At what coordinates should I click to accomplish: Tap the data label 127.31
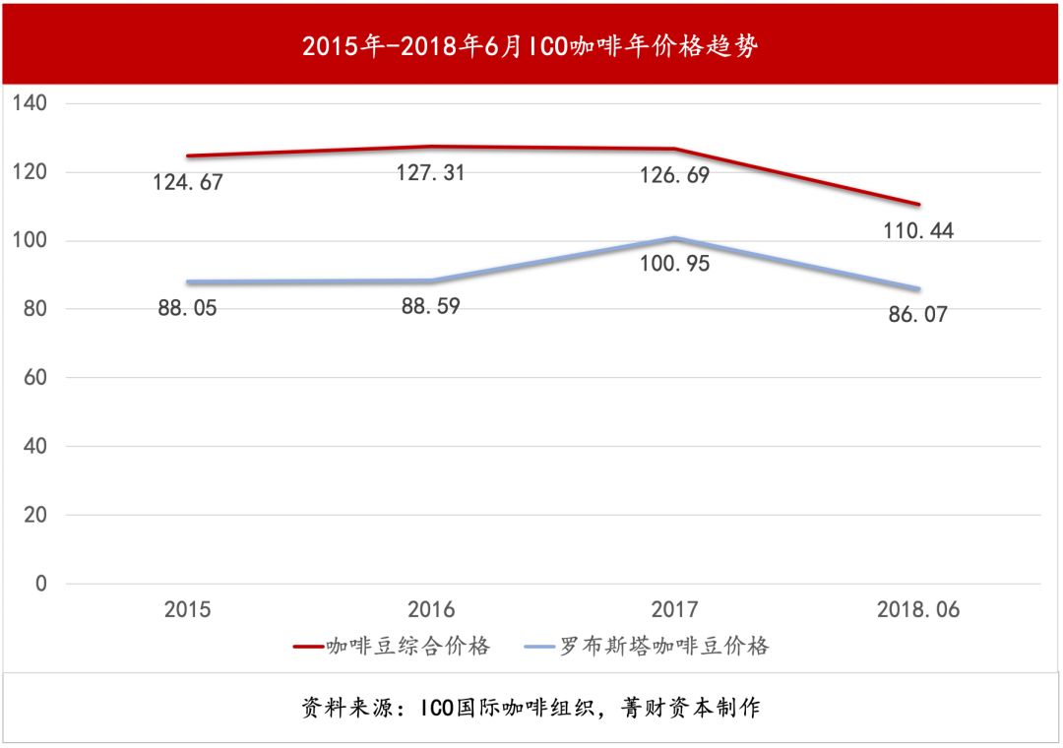(430, 173)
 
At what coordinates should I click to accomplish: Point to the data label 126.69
(674, 175)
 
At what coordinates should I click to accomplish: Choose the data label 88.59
(430, 306)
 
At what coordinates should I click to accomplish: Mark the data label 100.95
(674, 264)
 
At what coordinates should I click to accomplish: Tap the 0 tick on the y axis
(40, 584)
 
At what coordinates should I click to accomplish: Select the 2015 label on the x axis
(187, 610)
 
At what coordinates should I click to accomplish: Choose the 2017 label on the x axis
(674, 610)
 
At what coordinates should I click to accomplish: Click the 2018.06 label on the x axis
(917, 610)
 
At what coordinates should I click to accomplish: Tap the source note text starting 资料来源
(531, 708)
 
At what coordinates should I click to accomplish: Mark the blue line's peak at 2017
(674, 238)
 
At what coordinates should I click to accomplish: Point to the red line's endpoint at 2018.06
(917, 205)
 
